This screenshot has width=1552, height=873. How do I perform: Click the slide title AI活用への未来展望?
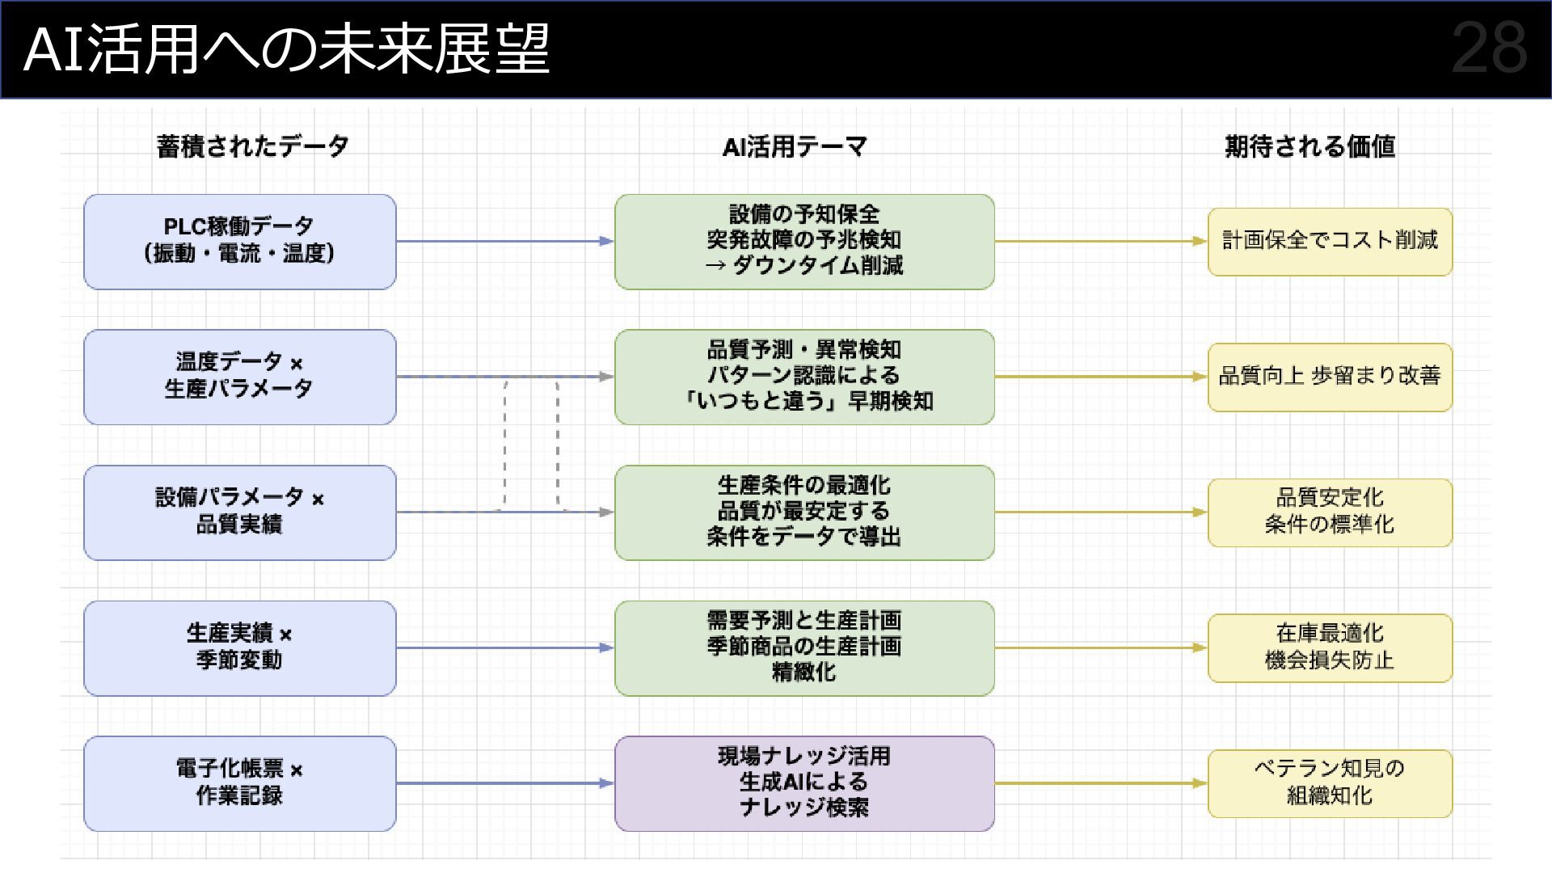[x=287, y=49]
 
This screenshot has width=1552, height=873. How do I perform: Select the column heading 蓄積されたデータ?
[x=253, y=146]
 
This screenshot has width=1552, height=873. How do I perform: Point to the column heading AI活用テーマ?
[x=795, y=146]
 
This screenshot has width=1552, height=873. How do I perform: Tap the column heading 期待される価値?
[x=1309, y=146]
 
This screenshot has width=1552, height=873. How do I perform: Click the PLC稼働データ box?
[x=240, y=241]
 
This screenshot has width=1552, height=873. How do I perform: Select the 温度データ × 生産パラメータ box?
[x=240, y=377]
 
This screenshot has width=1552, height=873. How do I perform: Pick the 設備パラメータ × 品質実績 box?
[x=240, y=512]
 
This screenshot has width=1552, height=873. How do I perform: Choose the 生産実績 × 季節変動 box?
[x=240, y=647]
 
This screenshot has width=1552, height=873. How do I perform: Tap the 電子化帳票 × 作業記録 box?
[x=240, y=783]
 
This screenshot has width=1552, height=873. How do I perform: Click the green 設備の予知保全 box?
[x=804, y=241]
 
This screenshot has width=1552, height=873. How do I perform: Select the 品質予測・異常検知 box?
[x=804, y=377]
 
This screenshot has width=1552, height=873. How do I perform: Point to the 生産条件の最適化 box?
[x=804, y=512]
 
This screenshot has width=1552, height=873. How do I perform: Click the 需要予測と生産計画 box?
[x=804, y=647]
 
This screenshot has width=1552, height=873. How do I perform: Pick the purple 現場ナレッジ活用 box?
[x=804, y=783]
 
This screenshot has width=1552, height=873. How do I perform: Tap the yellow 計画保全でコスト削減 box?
[x=1330, y=241]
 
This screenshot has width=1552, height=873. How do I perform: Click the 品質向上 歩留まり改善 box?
[x=1330, y=377]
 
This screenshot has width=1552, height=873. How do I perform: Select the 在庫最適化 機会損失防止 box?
[x=1330, y=647]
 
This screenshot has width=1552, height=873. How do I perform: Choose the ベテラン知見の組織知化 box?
[x=1330, y=783]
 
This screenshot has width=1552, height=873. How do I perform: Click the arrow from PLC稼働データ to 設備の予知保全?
[x=505, y=241]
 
